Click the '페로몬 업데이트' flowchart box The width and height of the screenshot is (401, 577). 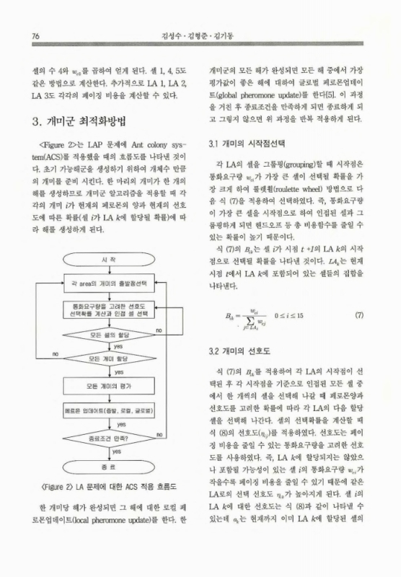(109, 411)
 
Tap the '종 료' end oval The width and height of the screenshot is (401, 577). (109, 467)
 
